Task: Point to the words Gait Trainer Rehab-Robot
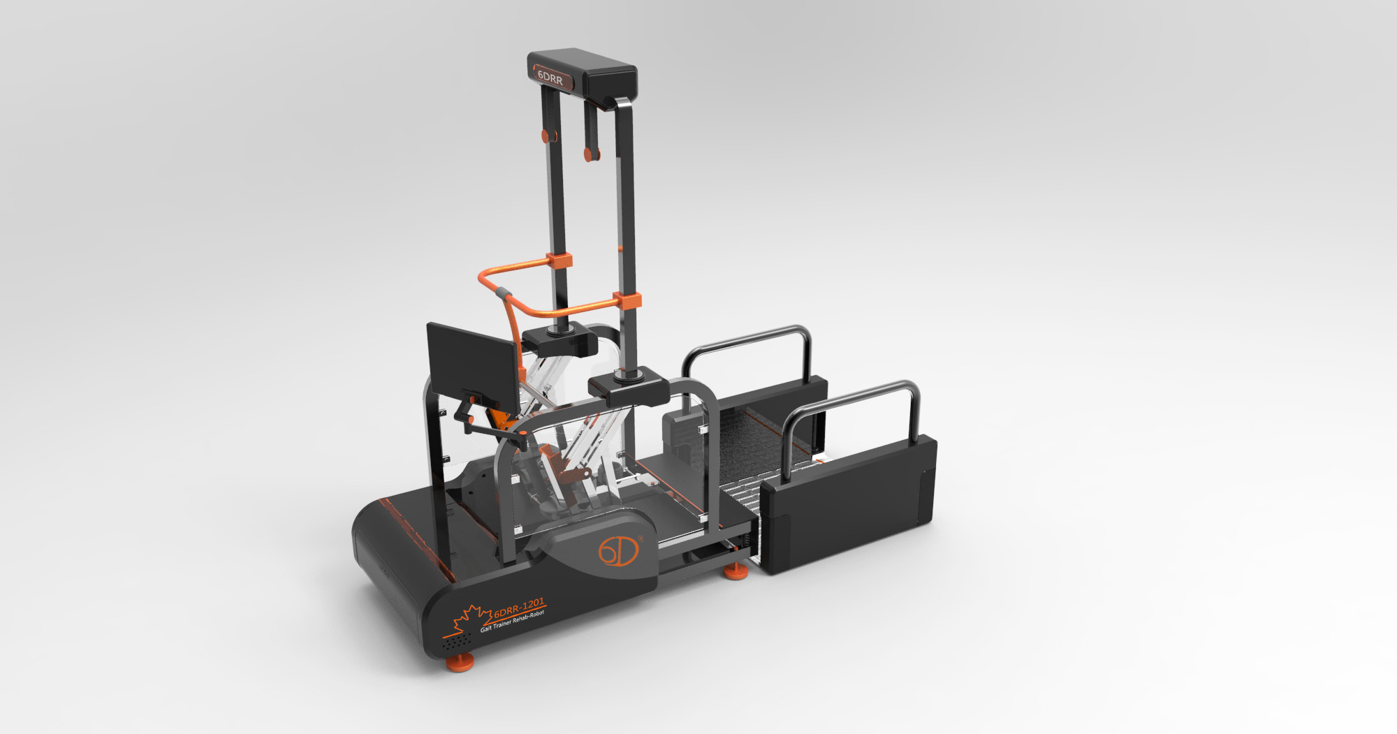(x=512, y=622)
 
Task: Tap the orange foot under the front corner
(x=460, y=662)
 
